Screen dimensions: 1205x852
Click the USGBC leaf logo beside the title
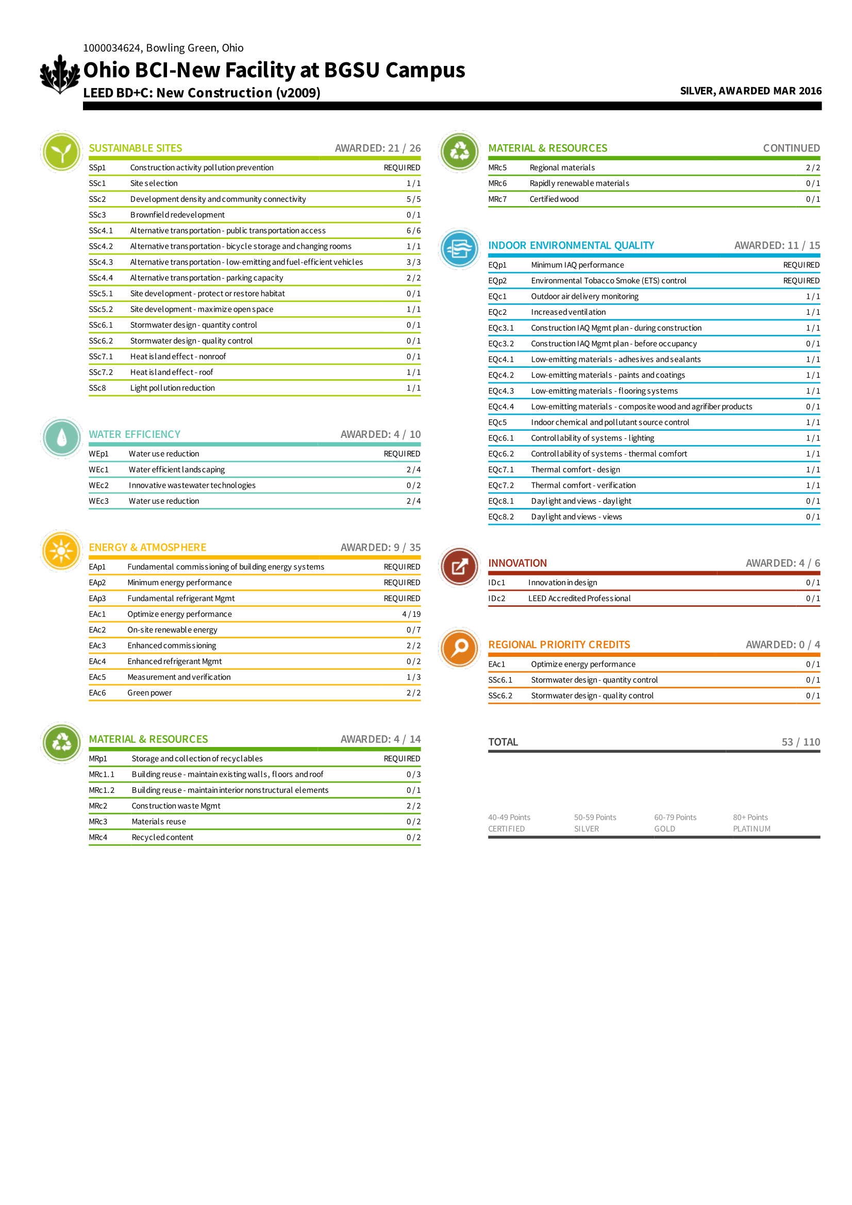tap(60, 75)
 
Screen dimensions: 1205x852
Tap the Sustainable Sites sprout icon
tap(61, 151)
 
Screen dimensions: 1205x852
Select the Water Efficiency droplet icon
tap(61, 438)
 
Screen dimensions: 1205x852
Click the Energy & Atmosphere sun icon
tap(61, 551)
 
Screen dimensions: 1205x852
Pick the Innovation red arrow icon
tap(459, 566)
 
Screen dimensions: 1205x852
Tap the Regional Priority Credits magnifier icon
tap(459, 648)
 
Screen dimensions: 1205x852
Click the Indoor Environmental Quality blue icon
tap(459, 248)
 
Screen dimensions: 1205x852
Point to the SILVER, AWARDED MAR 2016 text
tap(750, 91)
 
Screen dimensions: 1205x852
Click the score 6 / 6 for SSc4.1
tap(413, 230)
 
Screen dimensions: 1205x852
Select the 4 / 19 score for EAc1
tap(411, 614)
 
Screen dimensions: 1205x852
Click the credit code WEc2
tap(98, 485)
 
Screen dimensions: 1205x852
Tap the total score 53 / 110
tap(800, 741)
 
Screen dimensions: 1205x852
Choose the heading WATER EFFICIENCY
tap(135, 434)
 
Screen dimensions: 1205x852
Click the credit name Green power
tap(149, 693)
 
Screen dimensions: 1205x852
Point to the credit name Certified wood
tap(554, 199)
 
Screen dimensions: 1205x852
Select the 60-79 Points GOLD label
tap(675, 823)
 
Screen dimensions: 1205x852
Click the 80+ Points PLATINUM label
tap(751, 823)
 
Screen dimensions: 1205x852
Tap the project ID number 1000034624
tap(112, 48)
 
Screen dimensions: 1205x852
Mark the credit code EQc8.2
tap(501, 517)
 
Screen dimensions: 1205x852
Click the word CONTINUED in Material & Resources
tap(791, 148)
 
